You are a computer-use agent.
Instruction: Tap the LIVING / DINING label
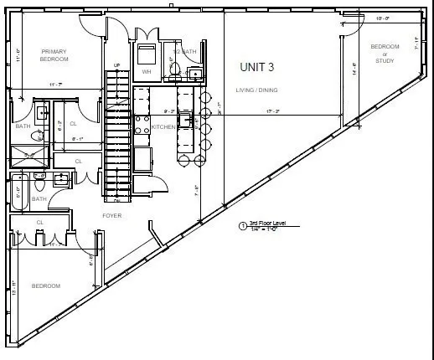pyautogui.click(x=259, y=90)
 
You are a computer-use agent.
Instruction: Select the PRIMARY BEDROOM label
pyautogui.click(x=54, y=55)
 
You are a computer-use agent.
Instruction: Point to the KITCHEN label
pyautogui.click(x=163, y=127)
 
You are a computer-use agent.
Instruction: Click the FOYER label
pyautogui.click(x=111, y=215)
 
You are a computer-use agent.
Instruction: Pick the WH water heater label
pyautogui.click(x=146, y=72)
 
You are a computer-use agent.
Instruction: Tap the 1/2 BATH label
pyautogui.click(x=183, y=52)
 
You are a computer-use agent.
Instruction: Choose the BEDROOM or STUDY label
pyautogui.click(x=385, y=53)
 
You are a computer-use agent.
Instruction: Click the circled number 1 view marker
pyautogui.click(x=243, y=226)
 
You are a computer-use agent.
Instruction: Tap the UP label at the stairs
pyautogui.click(x=117, y=65)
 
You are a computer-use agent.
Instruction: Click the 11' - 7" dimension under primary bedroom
pyautogui.click(x=56, y=85)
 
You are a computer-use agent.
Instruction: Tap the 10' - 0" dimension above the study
pyautogui.click(x=383, y=17)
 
